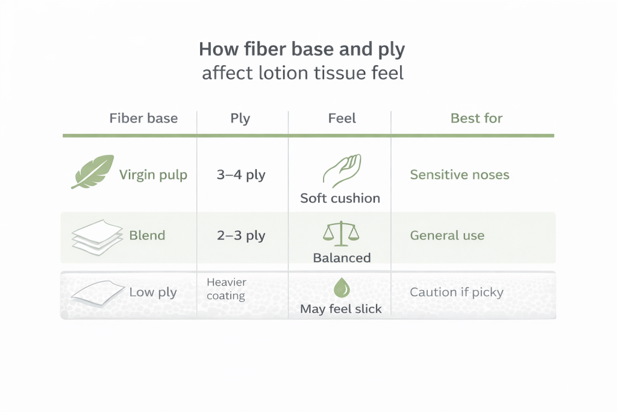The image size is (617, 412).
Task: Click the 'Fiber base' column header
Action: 143,118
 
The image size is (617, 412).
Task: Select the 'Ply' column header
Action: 240,119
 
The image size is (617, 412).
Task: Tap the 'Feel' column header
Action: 342,118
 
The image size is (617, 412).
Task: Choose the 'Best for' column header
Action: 477,118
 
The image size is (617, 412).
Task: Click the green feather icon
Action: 93,171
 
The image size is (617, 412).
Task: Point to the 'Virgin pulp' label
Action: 153,175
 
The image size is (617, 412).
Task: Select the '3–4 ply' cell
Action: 241,175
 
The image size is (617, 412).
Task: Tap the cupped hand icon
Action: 342,170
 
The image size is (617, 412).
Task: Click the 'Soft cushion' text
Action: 340,198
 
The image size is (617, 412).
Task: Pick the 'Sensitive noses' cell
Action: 460,174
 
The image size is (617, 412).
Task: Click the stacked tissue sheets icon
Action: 97,237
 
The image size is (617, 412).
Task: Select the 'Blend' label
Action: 147,235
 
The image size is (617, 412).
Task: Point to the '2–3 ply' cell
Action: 241,235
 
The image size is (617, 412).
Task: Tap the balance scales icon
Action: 341,233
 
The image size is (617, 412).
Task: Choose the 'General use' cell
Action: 447,235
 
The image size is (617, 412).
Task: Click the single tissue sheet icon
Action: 98,293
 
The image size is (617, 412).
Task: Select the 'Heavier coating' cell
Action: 227,289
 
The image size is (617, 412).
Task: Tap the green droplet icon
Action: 342,288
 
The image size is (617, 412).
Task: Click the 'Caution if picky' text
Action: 457,292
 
